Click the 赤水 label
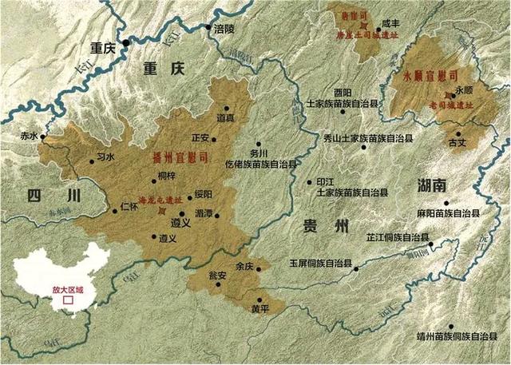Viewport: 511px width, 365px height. click(30, 137)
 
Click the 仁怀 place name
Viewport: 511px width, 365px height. click(117, 206)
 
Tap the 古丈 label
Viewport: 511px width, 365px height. click(458, 144)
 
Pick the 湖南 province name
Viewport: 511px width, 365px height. click(434, 186)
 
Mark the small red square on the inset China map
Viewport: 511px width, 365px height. click(68, 302)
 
